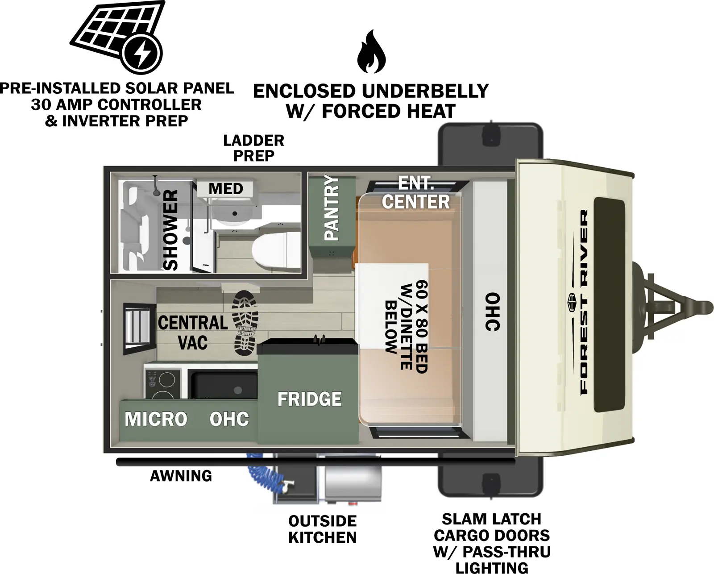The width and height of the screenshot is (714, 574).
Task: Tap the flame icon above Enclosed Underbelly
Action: pos(371,52)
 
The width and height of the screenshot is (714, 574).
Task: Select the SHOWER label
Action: pos(171,230)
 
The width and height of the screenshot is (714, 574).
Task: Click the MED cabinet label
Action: pos(226,189)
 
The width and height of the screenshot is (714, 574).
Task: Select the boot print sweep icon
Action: pos(245,323)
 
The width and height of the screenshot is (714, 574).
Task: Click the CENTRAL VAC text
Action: pos(193,332)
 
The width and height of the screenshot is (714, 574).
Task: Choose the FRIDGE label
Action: pos(309,399)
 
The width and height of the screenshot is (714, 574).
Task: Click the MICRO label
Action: pos(156,419)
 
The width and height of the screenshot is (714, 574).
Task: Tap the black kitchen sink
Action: pos(224,384)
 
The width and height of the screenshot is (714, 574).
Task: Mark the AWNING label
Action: pos(181,476)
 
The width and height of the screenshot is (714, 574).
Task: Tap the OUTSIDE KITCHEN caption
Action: pos(322,529)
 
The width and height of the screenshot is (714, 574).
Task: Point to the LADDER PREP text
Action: pos(253,148)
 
